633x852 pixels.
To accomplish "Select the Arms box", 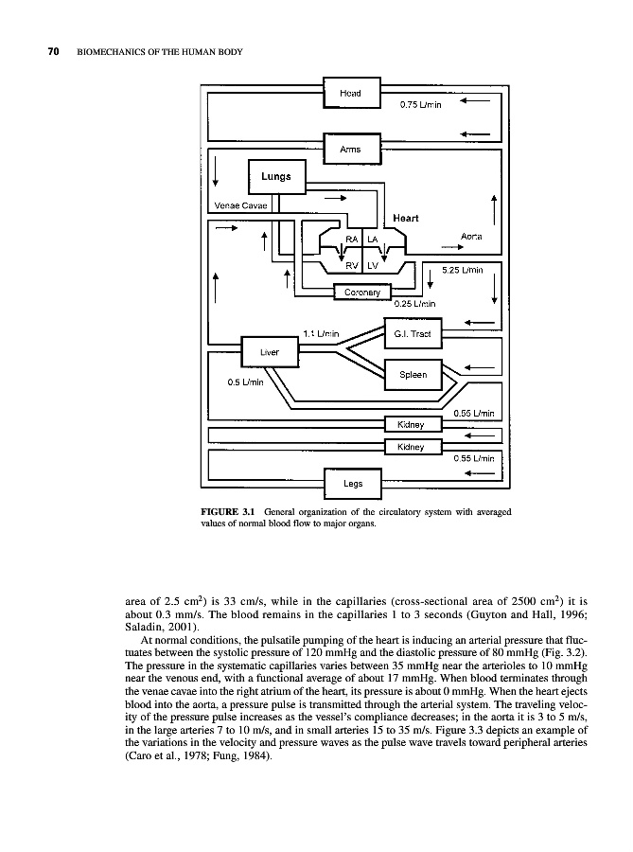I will click(x=351, y=149).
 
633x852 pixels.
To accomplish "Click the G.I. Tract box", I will click(x=413, y=334).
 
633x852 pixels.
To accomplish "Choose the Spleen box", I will click(x=413, y=375).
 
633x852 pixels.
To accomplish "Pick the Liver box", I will click(x=270, y=352).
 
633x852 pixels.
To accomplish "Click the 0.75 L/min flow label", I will click(x=421, y=104).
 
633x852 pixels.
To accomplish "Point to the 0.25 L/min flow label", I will click(x=413, y=304).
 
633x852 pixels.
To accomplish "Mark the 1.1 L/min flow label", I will click(x=322, y=333).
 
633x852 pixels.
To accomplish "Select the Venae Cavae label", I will click(x=241, y=205).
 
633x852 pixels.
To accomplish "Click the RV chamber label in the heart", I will click(x=351, y=266).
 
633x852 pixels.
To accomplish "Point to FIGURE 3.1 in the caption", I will click(x=233, y=512).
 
